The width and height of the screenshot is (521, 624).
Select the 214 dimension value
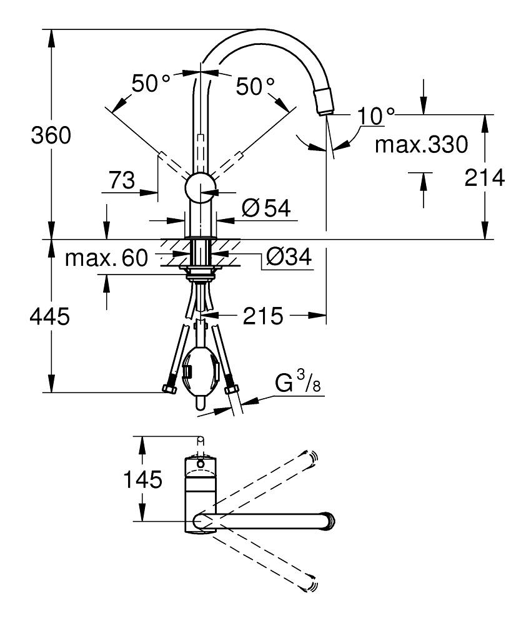coord(484,178)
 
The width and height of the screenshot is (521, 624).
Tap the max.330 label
coord(421,145)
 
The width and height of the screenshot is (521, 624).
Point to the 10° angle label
coord(377,115)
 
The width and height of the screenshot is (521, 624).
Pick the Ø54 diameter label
coord(266,208)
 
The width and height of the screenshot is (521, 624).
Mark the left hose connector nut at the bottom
coord(169,390)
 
